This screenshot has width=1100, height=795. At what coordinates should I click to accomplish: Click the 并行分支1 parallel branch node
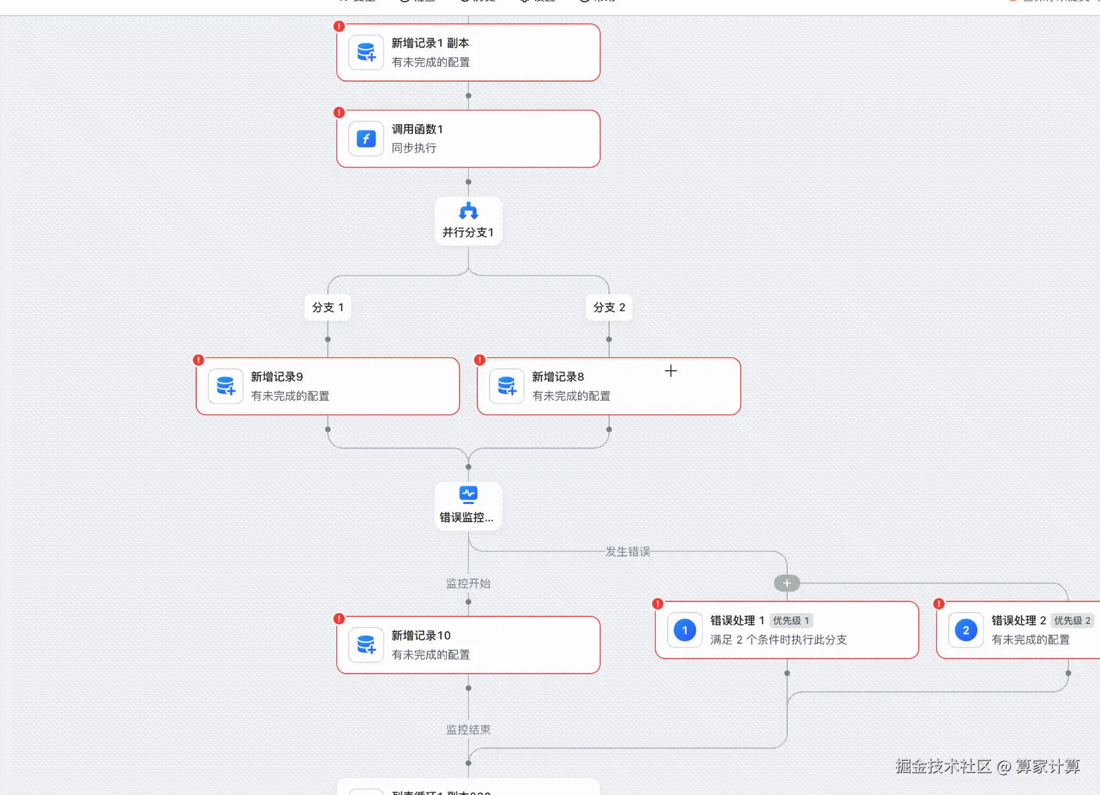pyautogui.click(x=468, y=221)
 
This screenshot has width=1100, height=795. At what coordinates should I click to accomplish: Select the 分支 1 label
pyautogui.click(x=328, y=307)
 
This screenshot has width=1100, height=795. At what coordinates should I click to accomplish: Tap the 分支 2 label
pyautogui.click(x=609, y=307)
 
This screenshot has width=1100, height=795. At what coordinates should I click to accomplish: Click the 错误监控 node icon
pyautogui.click(x=468, y=494)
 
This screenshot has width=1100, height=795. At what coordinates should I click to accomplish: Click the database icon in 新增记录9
pyautogui.click(x=225, y=386)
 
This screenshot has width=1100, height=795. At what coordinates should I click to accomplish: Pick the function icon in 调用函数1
pyautogui.click(x=366, y=138)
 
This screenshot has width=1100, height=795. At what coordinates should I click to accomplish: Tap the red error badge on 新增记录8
pyautogui.click(x=480, y=360)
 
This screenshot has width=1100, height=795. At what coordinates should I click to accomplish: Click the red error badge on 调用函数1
pyautogui.click(x=339, y=112)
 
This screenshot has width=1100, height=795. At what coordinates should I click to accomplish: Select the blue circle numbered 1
pyautogui.click(x=685, y=630)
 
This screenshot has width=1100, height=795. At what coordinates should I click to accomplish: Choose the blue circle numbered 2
pyautogui.click(x=966, y=630)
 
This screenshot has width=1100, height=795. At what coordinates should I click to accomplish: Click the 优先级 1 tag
pyautogui.click(x=790, y=621)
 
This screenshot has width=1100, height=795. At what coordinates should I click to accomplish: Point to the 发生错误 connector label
pyautogui.click(x=627, y=551)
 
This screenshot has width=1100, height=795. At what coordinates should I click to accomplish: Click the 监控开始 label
pyautogui.click(x=468, y=583)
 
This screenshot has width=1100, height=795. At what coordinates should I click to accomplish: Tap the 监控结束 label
pyautogui.click(x=468, y=729)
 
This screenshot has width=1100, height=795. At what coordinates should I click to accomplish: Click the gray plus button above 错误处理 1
pyautogui.click(x=787, y=583)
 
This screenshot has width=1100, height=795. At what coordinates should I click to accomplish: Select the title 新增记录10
pyautogui.click(x=421, y=635)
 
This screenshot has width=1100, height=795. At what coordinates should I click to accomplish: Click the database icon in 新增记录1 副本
pyautogui.click(x=366, y=52)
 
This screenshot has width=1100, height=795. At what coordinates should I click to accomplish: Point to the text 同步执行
pyautogui.click(x=414, y=148)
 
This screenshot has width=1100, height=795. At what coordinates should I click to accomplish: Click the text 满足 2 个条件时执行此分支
pyautogui.click(x=778, y=640)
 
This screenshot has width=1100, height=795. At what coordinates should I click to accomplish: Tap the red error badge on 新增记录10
pyautogui.click(x=339, y=618)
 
